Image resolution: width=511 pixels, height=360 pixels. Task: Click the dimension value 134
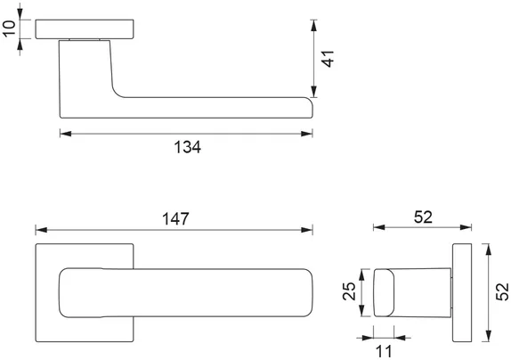click(x=188, y=148)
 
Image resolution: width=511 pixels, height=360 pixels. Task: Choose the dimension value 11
click(x=384, y=350)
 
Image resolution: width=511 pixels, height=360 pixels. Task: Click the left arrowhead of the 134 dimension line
click(x=63, y=134)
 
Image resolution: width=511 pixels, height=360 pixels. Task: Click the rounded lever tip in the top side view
click(x=307, y=107)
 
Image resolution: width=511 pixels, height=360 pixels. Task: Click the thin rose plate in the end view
click(x=462, y=291)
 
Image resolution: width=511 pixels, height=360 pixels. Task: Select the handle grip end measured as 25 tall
click(x=383, y=291)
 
